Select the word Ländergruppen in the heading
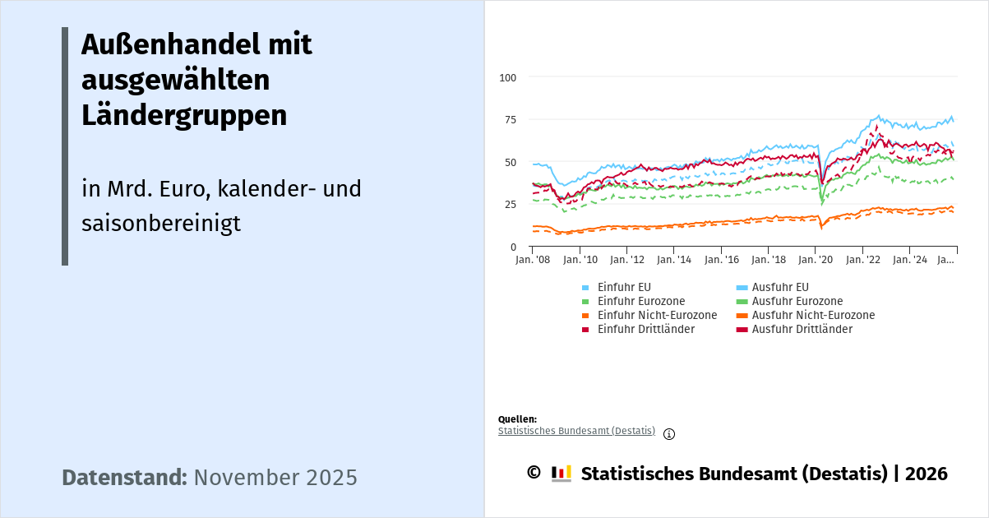tap(184, 116)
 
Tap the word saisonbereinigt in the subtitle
tap(161, 223)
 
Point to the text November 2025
tap(275, 478)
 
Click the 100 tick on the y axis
tap(508, 77)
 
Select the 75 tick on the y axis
tap(511, 120)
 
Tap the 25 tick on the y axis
tap(511, 205)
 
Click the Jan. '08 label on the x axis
tap(533, 260)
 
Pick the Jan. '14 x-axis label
tap(673, 260)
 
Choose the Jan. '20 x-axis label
tap(816, 260)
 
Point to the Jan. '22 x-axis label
tap(863, 260)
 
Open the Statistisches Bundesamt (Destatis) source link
tap(576, 431)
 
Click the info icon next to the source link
tap(669, 434)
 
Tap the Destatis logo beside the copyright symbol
tap(561, 473)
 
